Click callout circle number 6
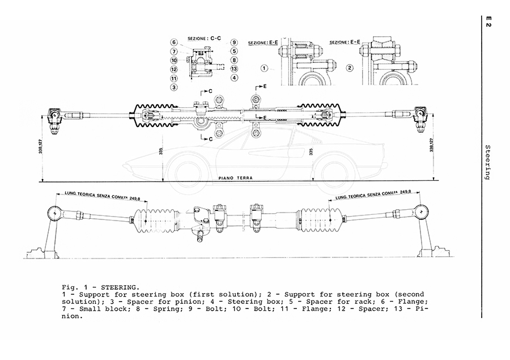tap(174, 42)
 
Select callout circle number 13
tap(233, 68)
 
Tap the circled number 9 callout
tap(233, 42)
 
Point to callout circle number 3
tap(174, 87)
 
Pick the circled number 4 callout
tap(233, 77)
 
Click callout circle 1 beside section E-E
tap(264, 68)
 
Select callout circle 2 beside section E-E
tap(350, 68)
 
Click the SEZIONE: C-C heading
tap(204, 37)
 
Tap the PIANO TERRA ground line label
tap(236, 177)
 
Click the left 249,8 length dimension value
tap(134, 198)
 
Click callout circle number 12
tap(174, 69)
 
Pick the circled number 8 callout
tap(233, 60)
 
